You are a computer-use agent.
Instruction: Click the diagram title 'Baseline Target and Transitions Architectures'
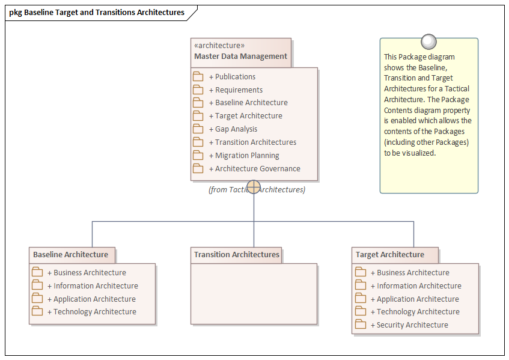click(104, 12)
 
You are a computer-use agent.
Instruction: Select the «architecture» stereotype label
click(219, 45)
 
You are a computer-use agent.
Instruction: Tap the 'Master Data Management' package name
click(240, 56)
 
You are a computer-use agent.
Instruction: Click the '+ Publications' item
click(235, 77)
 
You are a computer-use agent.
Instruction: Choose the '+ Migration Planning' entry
click(247, 156)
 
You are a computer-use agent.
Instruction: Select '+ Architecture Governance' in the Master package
click(257, 169)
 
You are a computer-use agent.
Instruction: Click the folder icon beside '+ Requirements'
click(198, 90)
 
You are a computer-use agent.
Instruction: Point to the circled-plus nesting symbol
click(254, 187)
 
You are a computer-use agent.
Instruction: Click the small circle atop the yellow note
click(428, 41)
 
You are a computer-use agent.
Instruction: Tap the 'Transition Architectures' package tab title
click(236, 255)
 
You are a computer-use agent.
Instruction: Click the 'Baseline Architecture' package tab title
click(70, 255)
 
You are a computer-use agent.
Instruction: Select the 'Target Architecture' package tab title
click(389, 255)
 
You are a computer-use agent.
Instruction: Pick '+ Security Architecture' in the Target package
click(412, 325)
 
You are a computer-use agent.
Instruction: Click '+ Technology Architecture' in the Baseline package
click(94, 312)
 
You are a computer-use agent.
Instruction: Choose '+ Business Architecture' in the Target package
click(413, 273)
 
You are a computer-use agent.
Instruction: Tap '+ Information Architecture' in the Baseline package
click(96, 286)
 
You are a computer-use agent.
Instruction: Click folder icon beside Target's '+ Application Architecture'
click(361, 299)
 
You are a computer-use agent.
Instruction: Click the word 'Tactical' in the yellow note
click(456, 89)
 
